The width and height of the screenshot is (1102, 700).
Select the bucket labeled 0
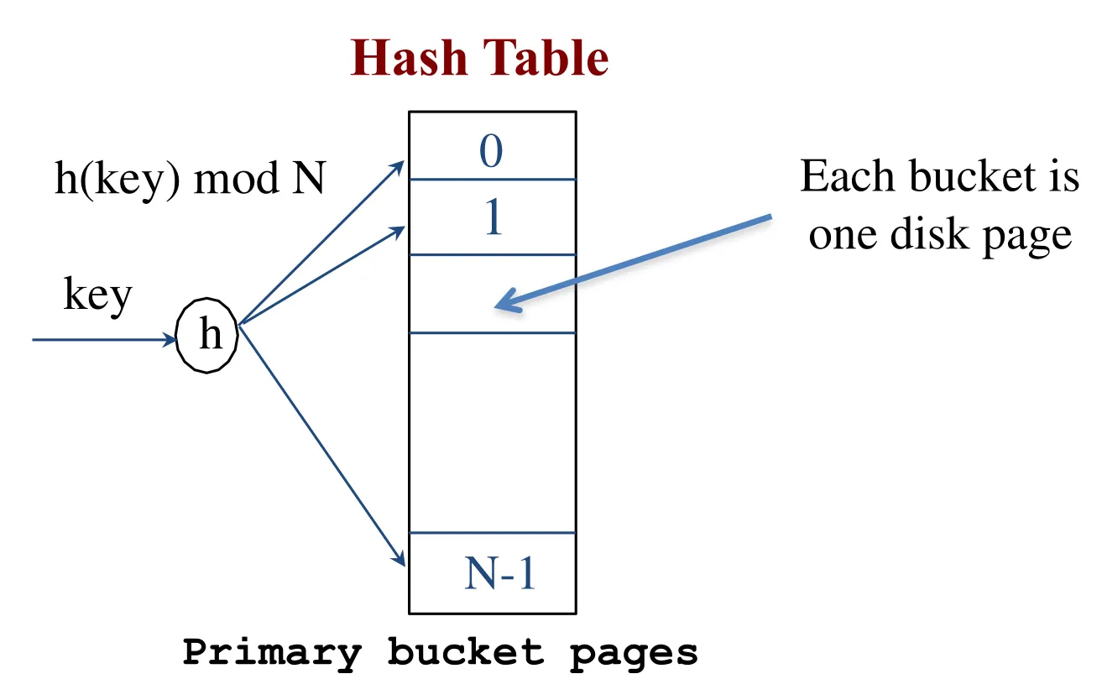[492, 152]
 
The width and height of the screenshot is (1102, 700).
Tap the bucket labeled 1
[492, 218]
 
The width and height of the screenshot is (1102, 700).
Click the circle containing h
[208, 337]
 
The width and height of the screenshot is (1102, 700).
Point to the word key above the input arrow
[98, 295]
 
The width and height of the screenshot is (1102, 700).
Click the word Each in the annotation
[842, 177]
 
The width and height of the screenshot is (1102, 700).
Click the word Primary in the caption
[272, 652]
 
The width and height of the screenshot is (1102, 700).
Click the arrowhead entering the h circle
[171, 340]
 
